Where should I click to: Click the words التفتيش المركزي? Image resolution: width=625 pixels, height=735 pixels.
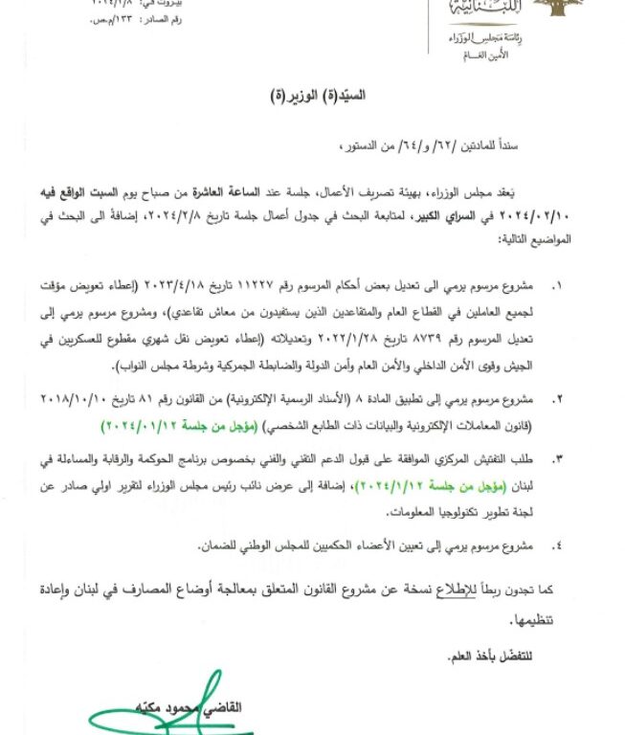pyautogui.click(x=473, y=462)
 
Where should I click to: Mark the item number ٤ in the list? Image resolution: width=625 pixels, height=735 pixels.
pyautogui.click(x=560, y=545)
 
